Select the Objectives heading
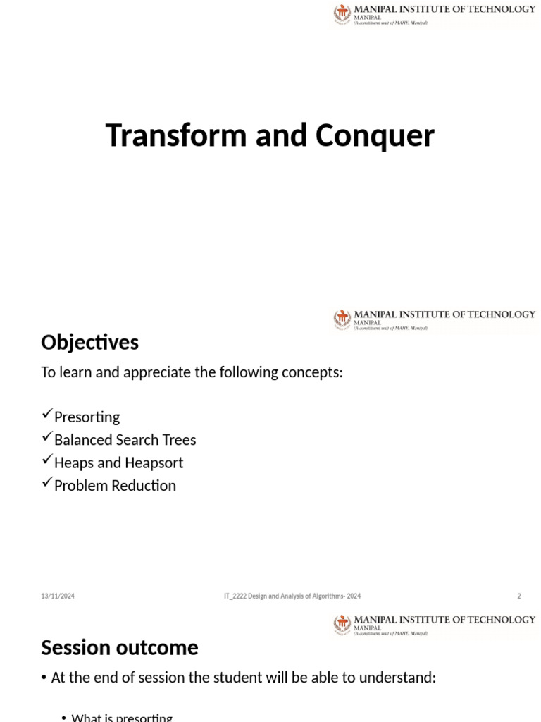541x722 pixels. tap(89, 343)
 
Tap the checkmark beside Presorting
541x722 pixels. tap(47, 415)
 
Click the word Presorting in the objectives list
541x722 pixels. tap(87, 417)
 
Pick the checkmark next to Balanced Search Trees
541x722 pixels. tap(47, 438)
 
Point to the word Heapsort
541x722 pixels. tap(153, 463)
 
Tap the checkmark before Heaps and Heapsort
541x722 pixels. tap(47, 460)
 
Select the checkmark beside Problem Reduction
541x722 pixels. tap(47, 483)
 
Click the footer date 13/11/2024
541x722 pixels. tap(58, 596)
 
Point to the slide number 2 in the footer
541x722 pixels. tap(519, 596)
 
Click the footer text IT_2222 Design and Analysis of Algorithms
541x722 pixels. tap(292, 596)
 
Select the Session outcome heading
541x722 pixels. tap(120, 647)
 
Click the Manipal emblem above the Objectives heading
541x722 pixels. tap(342, 319)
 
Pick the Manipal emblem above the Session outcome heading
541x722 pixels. tap(342, 625)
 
